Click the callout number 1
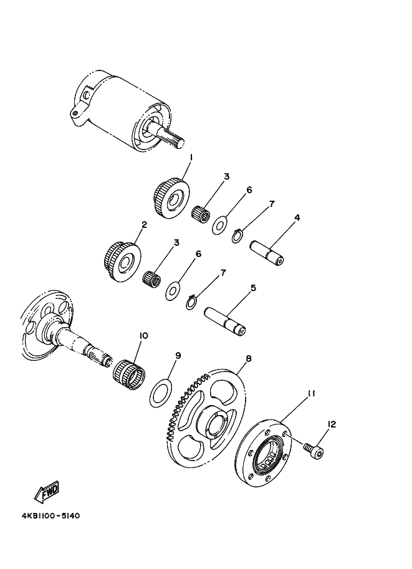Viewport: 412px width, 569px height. pos(191,158)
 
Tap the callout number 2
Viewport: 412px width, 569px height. pos(144,224)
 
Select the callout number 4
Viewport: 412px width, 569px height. pos(297,218)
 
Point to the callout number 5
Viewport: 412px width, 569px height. pos(254,288)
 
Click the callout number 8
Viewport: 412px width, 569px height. pos(248,359)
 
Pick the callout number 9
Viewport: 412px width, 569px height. pos(178,356)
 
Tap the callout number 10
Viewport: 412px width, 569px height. pos(143,336)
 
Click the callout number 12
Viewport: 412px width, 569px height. pos(332,424)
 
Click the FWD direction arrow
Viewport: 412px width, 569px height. pos(47,494)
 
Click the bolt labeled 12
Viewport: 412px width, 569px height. pos(313,448)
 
